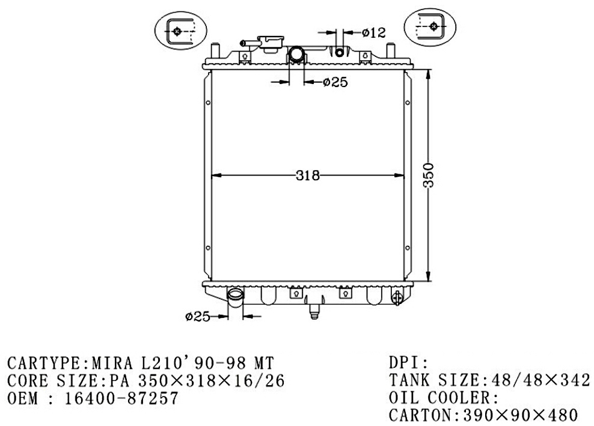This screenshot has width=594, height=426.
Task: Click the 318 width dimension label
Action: point(308,175)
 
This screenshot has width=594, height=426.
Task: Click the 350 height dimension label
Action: point(429,175)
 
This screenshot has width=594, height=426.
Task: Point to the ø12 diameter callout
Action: point(373,32)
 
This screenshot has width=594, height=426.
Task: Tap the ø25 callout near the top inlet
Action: point(335,82)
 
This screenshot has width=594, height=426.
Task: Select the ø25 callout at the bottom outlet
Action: point(198,316)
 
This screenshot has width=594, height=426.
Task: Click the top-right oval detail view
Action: point(430,26)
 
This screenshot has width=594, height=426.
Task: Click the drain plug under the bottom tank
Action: point(314,311)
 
